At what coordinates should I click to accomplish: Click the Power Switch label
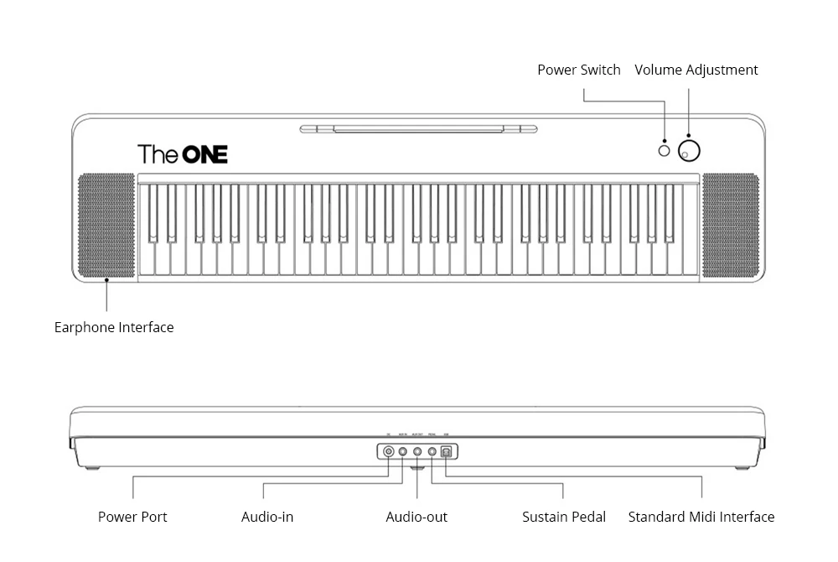click(579, 70)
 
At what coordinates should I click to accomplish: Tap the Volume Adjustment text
click(696, 70)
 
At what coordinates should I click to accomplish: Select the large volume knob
click(690, 151)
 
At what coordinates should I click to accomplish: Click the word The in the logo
click(157, 154)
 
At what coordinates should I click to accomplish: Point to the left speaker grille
click(106, 226)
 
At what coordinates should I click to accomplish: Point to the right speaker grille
click(731, 226)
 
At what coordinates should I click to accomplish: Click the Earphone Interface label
click(114, 327)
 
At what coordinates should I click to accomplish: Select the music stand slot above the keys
click(418, 129)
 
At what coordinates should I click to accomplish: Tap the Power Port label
click(132, 517)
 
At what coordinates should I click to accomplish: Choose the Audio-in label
click(267, 517)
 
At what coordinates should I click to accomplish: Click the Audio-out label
click(416, 517)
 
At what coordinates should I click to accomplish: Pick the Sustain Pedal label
click(564, 517)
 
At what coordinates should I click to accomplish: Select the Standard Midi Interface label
click(701, 517)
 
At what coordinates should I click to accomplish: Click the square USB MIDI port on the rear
click(447, 452)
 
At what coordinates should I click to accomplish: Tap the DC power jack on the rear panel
click(389, 452)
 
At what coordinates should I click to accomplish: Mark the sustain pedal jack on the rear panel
click(432, 452)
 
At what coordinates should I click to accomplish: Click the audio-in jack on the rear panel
click(403, 452)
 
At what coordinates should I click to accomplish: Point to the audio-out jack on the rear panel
click(417, 452)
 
